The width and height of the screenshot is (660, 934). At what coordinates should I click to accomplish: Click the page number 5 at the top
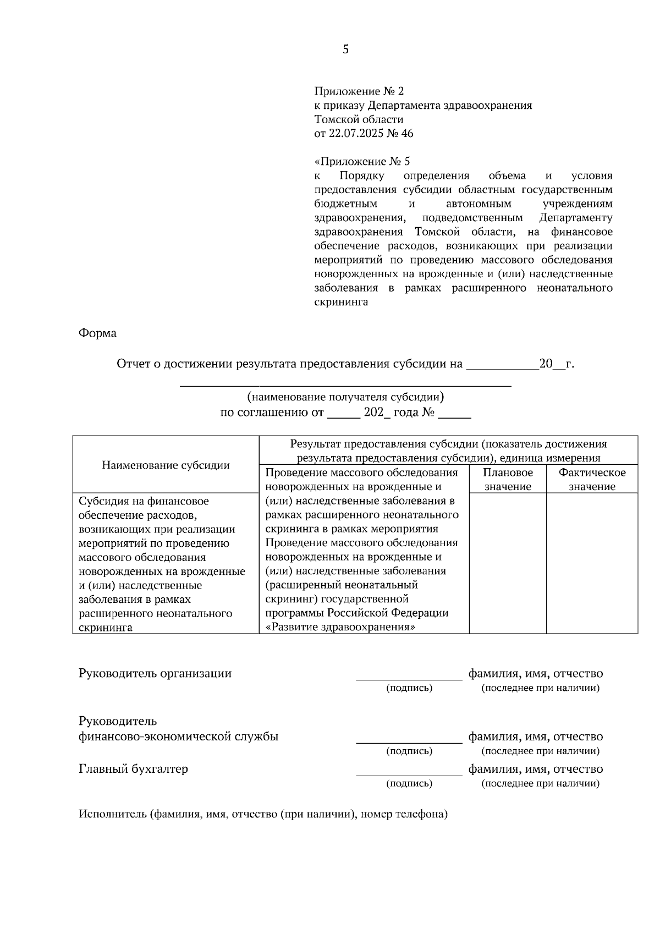tap(345, 50)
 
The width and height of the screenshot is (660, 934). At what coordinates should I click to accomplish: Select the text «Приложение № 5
tap(362, 162)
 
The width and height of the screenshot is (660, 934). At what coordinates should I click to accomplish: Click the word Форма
tap(97, 333)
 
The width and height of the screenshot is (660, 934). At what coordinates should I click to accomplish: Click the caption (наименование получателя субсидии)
tap(345, 397)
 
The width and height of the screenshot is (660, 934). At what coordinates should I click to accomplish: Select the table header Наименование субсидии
tap(166, 465)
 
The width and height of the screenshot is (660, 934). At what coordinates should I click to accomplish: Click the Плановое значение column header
tap(507, 479)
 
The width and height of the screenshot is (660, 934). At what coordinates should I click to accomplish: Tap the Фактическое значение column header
tap(592, 479)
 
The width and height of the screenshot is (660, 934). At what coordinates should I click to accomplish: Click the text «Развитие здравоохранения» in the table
tap(340, 627)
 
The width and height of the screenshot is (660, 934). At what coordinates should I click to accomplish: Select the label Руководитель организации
tap(155, 673)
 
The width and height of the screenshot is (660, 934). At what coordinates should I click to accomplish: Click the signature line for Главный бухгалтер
tap(409, 774)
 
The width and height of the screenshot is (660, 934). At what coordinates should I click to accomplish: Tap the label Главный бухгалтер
tap(133, 768)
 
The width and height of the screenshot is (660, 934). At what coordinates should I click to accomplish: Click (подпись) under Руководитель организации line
tap(409, 688)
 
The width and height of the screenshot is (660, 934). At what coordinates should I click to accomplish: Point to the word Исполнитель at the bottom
tap(112, 814)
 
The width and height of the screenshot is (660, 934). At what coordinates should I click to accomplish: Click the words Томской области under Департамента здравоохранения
tap(359, 119)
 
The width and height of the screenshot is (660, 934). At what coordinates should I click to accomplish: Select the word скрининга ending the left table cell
tap(106, 627)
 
